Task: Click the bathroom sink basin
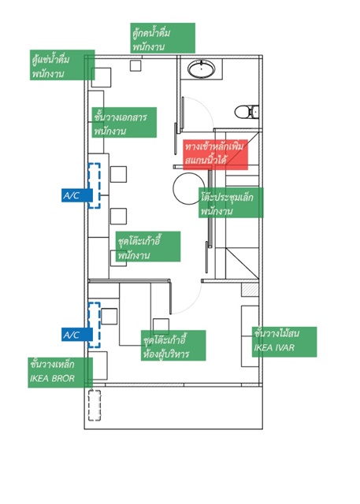pos(201,69)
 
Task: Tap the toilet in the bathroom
pos(247,112)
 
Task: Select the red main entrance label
pos(215,154)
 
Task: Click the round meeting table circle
pos(188,188)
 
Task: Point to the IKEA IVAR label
pos(284,342)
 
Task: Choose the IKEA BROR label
pos(60,372)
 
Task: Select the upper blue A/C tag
pos(77,195)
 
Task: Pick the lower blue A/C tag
pos(77,335)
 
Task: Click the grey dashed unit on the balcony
pos(95,406)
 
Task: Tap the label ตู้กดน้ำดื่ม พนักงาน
pos(162,38)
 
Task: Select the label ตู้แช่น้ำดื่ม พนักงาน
pos(62,65)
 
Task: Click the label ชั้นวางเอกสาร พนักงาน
pos(124,123)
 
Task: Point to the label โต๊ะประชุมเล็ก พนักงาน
pos(231,203)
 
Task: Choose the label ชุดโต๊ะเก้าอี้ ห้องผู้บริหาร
pos(173,346)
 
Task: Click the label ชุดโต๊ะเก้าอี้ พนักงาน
pos(148,246)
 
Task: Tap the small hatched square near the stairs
pos(250,290)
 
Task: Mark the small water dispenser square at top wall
pos(135,65)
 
